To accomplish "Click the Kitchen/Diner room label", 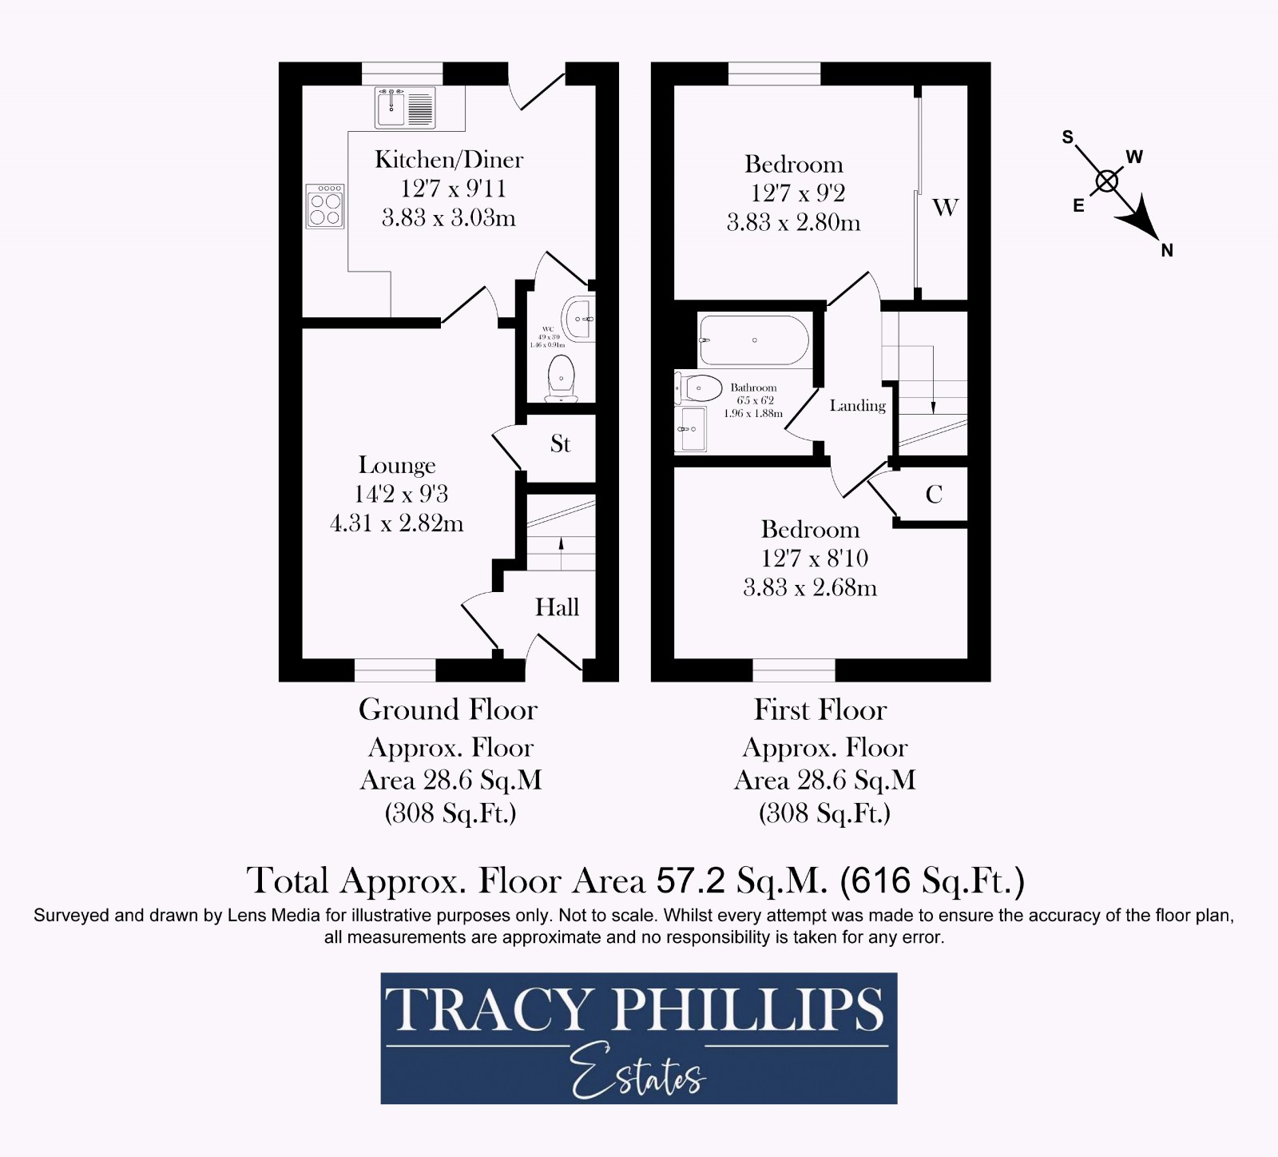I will point(449,160).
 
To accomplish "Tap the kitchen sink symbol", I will point(405,107).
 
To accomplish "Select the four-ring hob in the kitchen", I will point(325,206).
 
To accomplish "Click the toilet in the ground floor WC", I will point(561,379).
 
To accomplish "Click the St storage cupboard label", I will point(560,444).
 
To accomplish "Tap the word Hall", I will point(557,607).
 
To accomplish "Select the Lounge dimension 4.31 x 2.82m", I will point(397,524).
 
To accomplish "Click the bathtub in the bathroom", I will point(754,340).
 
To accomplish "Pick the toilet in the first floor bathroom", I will point(694,388).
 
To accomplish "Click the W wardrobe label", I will point(945,208).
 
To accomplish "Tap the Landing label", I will point(857,406).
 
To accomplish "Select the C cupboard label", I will point(934,495).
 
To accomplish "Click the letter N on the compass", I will point(1167,250).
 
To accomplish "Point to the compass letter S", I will point(1067,137).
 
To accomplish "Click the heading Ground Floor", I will point(448,710).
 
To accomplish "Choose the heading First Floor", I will point(820,710).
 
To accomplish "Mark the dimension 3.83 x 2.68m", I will point(810,588).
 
